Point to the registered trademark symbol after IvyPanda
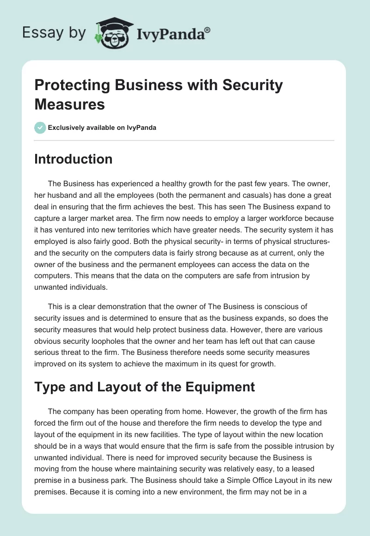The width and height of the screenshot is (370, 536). pos(208,30)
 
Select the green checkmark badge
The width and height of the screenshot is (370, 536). pos(40,128)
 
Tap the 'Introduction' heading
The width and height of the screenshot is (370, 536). pos(73,159)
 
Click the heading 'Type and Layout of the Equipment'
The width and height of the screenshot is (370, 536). pos(144,386)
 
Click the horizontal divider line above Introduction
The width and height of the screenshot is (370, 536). pos(184,140)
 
